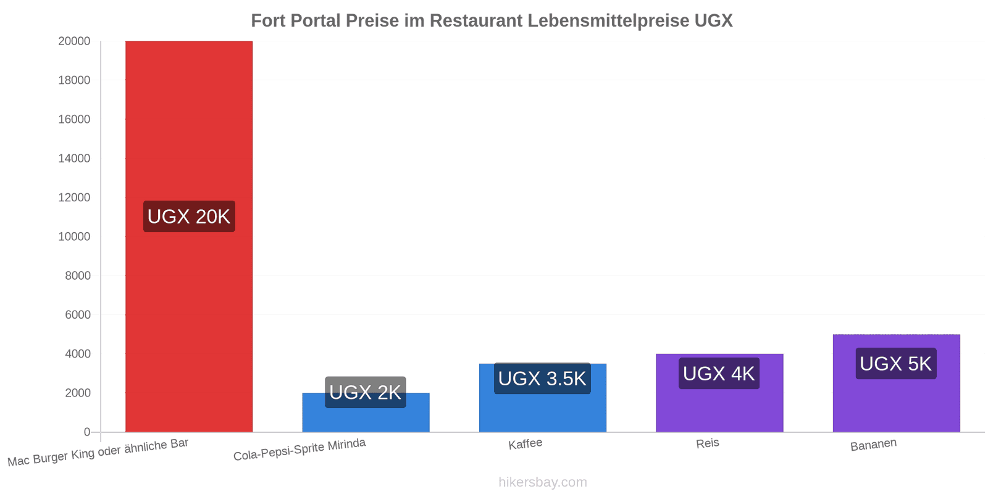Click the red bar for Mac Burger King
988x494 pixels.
189,237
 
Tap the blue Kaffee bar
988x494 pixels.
543,398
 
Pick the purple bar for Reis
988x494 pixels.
719,393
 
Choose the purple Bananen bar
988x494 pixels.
896,383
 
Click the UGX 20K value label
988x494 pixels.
189,217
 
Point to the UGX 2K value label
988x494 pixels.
365,392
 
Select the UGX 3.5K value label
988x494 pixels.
542,379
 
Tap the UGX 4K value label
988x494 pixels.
719,374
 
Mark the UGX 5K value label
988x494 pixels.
896,364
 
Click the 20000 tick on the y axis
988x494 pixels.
74,41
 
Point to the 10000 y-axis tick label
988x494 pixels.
74,237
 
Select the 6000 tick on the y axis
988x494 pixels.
78,315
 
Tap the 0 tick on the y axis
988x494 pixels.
87,432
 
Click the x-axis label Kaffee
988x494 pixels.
525,444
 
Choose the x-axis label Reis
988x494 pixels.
708,443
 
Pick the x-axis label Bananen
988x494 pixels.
873,445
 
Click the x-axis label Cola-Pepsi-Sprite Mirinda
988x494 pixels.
299,450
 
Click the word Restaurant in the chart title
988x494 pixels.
476,21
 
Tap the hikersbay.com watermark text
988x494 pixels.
543,482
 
